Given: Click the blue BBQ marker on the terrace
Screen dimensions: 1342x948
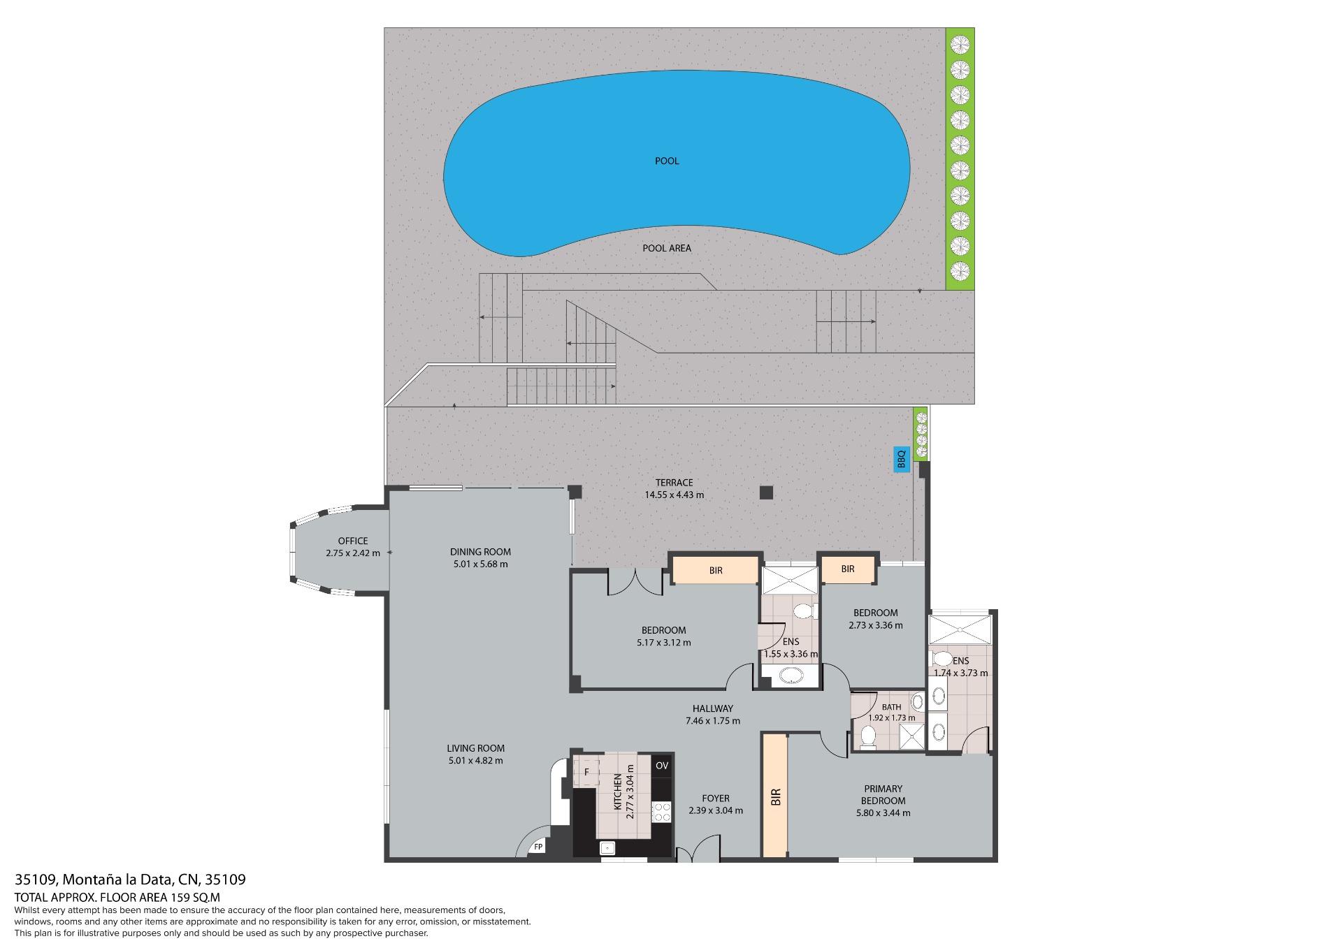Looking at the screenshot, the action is click(901, 459).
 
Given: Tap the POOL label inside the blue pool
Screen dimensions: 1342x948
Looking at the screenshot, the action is click(667, 161).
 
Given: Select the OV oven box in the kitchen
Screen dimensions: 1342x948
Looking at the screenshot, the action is click(662, 766).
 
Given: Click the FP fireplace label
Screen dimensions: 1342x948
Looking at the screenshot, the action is click(538, 847).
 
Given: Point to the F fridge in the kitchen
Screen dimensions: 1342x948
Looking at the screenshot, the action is click(586, 771).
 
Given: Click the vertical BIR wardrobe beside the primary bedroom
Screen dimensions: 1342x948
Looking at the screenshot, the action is click(774, 796).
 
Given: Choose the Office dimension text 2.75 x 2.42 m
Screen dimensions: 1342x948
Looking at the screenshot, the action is click(353, 553).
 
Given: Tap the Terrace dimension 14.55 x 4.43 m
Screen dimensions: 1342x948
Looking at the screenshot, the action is click(674, 495).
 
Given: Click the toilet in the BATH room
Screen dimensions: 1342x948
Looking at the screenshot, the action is click(868, 737).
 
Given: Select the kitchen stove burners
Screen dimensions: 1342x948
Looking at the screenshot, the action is click(661, 811).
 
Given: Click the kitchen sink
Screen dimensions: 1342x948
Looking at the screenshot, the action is click(608, 847).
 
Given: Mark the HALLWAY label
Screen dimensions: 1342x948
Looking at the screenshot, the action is click(713, 708).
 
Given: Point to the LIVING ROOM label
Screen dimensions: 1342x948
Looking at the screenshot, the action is click(475, 748).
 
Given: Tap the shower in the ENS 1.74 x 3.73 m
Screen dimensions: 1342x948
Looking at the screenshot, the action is click(960, 629).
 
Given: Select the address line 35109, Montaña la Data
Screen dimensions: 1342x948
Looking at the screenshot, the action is click(130, 880).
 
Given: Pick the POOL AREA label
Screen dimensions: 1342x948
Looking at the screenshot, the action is click(667, 248).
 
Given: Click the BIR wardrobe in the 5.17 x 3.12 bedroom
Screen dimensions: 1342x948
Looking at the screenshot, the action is click(716, 570).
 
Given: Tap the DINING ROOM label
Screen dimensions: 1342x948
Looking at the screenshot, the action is click(480, 552).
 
